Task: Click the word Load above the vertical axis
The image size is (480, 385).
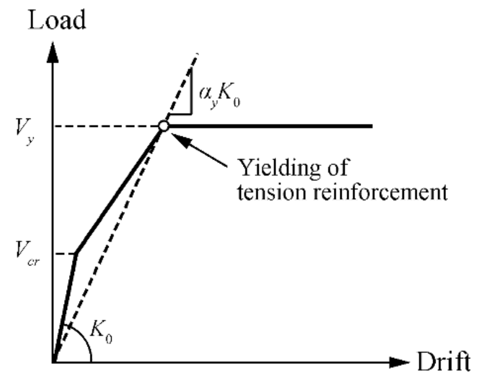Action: (57, 20)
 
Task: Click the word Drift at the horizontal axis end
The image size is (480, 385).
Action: (444, 361)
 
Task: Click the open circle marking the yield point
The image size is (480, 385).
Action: (164, 126)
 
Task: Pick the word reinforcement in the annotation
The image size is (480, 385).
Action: (380, 192)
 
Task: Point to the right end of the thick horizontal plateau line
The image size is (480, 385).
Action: (371, 126)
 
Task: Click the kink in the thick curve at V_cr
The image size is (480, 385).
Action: (76, 253)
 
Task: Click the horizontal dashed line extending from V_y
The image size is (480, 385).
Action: (109, 126)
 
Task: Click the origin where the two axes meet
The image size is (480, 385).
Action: (54, 362)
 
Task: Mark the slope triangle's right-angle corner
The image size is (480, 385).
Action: (191, 114)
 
